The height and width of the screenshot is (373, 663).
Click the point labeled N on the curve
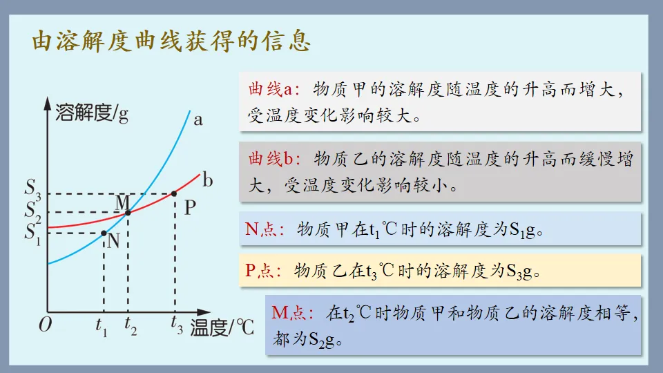pyautogui.click(x=104, y=233)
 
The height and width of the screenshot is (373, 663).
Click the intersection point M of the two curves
pyautogui.click(x=128, y=212)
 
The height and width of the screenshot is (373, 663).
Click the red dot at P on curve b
pyautogui.click(x=174, y=193)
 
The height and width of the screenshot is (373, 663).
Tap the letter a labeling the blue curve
pyautogui.click(x=198, y=119)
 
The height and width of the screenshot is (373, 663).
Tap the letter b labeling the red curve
pyautogui.click(x=207, y=181)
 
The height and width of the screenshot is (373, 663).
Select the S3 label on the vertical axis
pyautogui.click(x=33, y=189)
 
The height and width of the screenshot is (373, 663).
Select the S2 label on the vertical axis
pyautogui.click(x=33, y=210)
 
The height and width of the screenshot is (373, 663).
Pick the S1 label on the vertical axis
pyautogui.click(x=33, y=232)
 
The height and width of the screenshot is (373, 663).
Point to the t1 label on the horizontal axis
pyautogui.click(x=102, y=324)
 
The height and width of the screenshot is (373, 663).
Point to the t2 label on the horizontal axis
pyautogui.click(x=131, y=324)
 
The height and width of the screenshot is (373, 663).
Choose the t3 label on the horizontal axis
pyautogui.click(x=177, y=324)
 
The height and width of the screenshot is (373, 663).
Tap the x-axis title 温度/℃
pyautogui.click(x=222, y=327)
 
